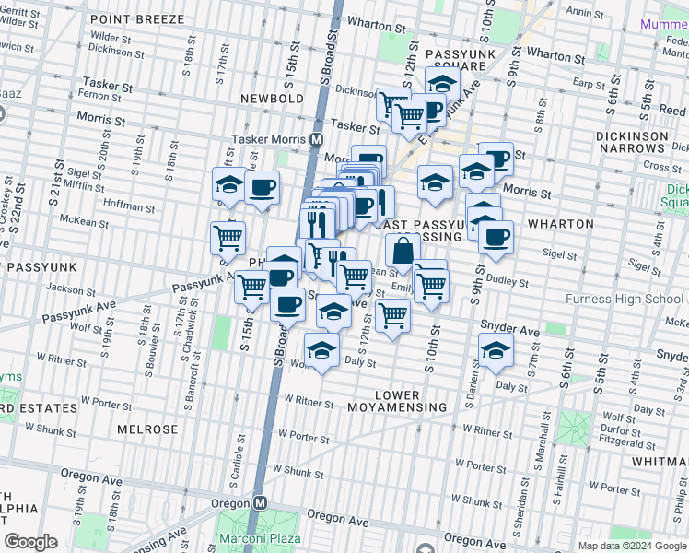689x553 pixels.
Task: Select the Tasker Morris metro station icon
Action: (x=316, y=139)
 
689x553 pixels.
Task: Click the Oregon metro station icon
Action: (x=261, y=503)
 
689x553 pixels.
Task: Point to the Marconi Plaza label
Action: (x=252, y=537)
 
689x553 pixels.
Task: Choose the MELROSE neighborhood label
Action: (x=147, y=429)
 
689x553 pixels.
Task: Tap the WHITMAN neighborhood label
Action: (x=660, y=459)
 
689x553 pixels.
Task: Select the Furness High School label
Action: (x=624, y=299)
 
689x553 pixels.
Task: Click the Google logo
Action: (x=30, y=542)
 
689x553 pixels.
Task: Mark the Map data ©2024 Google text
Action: (x=631, y=545)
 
